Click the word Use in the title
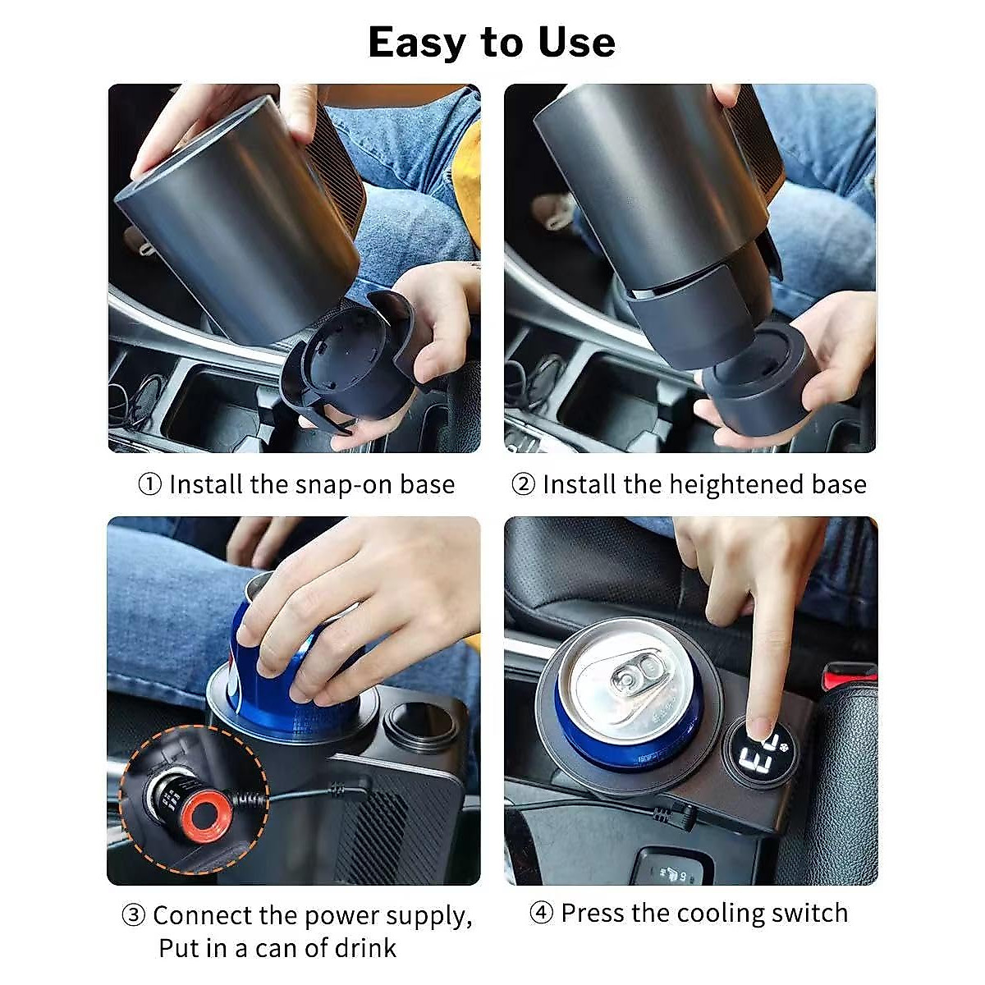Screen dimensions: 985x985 576,43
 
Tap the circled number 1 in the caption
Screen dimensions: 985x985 150,484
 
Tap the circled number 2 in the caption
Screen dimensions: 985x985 524,484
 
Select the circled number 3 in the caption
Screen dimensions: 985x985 134,915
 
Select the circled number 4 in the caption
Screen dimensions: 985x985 542,913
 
